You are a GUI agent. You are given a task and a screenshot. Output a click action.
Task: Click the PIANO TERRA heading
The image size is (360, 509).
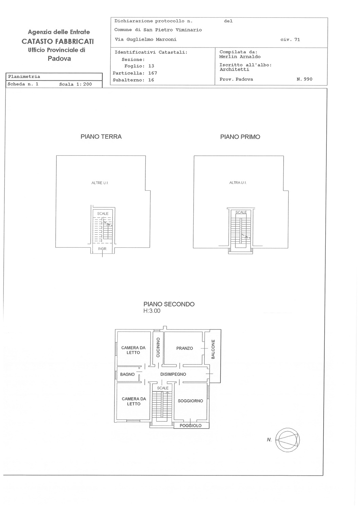point(101,136)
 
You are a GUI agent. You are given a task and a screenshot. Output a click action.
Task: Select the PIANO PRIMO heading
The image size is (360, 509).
point(240,137)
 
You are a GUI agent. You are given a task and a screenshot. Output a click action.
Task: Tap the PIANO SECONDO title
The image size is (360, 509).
point(169,304)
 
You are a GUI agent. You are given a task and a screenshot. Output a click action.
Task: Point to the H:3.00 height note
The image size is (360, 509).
point(152,310)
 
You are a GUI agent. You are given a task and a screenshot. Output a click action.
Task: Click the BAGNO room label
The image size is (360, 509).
point(127,374)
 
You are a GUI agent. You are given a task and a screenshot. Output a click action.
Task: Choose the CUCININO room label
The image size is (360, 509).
point(158,347)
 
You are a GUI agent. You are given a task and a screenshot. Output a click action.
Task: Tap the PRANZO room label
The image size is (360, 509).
point(185,348)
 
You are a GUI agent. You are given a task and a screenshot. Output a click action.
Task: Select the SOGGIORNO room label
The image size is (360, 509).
point(190,401)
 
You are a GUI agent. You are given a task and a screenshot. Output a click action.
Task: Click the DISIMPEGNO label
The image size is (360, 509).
point(173,374)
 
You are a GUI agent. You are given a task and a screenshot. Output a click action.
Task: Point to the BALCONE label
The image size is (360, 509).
point(213,349)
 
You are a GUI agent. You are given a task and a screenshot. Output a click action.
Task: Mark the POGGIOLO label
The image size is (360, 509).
point(191,426)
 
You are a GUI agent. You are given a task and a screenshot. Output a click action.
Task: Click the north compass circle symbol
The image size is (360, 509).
point(287,440)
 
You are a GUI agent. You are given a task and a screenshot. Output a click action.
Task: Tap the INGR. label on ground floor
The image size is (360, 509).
point(102,249)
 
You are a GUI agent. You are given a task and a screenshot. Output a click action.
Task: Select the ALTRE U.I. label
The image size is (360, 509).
point(100,183)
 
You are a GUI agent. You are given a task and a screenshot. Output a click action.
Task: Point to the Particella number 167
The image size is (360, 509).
point(152,73)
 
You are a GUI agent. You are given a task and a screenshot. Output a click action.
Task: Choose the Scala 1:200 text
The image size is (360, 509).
point(75,84)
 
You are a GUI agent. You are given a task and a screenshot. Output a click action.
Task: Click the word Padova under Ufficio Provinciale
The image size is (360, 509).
point(59,59)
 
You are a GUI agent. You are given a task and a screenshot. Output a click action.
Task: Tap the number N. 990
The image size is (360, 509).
point(305,79)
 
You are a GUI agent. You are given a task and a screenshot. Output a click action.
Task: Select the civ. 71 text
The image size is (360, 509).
point(290,40)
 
